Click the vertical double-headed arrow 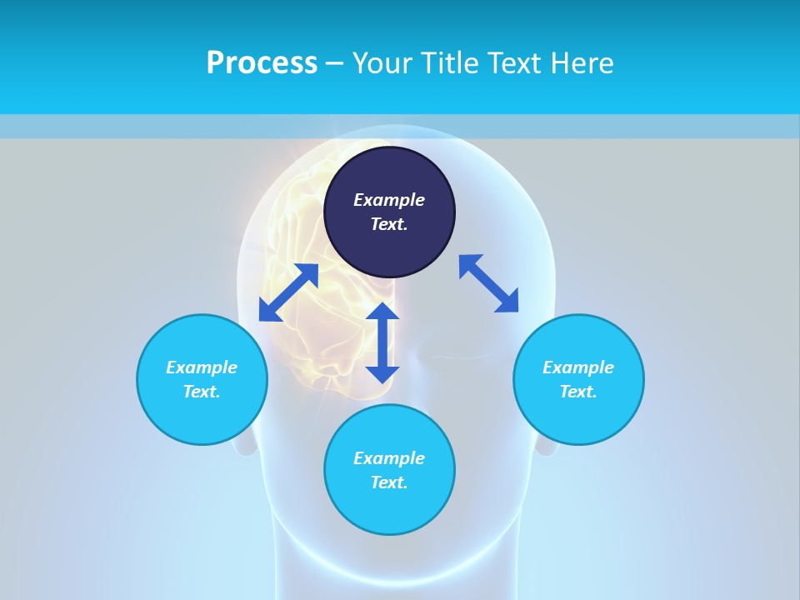click(x=382, y=342)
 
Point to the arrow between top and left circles click(x=288, y=292)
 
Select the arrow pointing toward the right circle click(x=488, y=283)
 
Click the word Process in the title click(x=262, y=62)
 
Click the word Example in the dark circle click(x=389, y=200)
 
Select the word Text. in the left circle click(x=202, y=392)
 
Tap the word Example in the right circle click(x=578, y=367)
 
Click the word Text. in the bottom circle click(x=389, y=482)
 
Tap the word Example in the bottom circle click(x=389, y=458)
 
